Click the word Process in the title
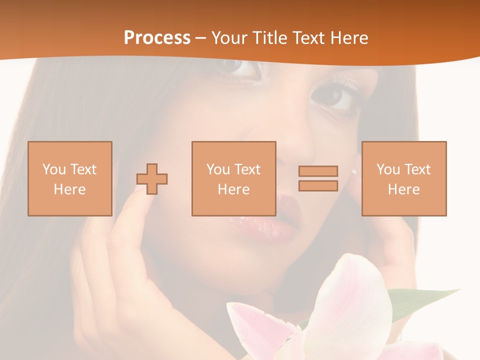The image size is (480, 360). click(157, 38)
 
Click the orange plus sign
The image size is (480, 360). click(152, 179)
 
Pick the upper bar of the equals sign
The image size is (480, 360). click(318, 171)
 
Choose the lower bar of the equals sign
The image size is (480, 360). click(318, 186)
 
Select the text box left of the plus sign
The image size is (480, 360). click(69, 178)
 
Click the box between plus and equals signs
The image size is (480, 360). click(233, 178)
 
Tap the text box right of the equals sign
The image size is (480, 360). click(403, 178)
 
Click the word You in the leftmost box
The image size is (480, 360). click(53, 169)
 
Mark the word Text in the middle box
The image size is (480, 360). click(247, 169)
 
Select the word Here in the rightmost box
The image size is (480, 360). click(403, 189)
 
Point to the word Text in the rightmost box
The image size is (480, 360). click(417, 169)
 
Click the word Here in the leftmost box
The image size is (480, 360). click(69, 189)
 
